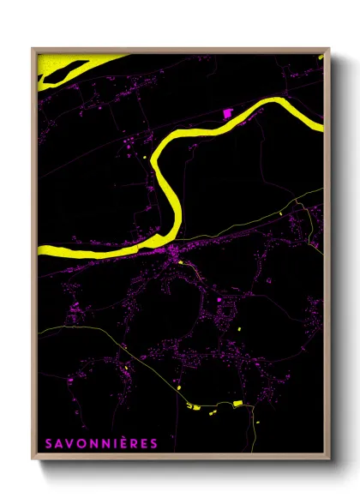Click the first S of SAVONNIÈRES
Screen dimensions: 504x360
point(49,443)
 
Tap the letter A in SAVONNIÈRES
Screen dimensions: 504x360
point(59,443)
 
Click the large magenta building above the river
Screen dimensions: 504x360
point(227,112)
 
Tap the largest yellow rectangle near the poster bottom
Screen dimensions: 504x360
point(237,403)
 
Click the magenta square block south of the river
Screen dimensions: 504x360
point(219,299)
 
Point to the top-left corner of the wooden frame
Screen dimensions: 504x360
point(33,49)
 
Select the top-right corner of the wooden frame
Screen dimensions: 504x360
point(328,49)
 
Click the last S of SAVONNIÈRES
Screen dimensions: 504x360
point(153,443)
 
